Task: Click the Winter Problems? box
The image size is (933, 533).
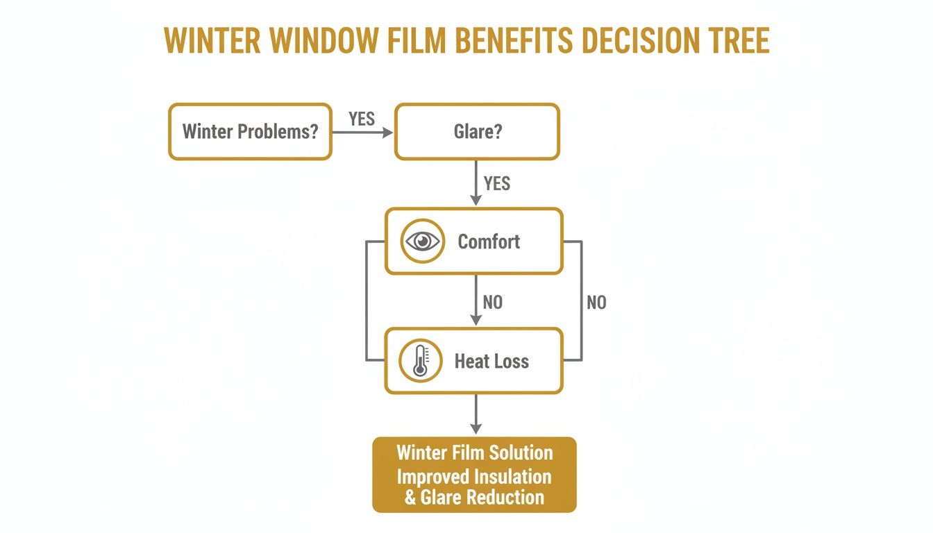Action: pos(250,132)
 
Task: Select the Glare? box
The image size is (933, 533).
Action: pos(477,132)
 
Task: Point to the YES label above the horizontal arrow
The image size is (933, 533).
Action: pos(362,119)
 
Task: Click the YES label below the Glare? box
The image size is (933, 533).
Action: pos(497,183)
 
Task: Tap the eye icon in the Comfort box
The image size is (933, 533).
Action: pos(422,242)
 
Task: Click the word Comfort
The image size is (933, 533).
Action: pos(489,242)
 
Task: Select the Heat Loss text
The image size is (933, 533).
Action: pos(491,362)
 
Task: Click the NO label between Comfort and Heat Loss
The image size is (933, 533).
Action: pos(493,303)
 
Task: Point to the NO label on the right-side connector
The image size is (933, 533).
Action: pos(596,303)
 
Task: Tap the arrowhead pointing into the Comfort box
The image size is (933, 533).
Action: pos(476,200)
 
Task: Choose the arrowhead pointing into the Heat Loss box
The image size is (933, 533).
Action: pos(476,320)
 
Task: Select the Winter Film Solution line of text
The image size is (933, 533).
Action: pos(475,453)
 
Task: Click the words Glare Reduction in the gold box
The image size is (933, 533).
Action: pos(482,497)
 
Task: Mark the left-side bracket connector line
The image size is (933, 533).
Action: pos(367,301)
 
